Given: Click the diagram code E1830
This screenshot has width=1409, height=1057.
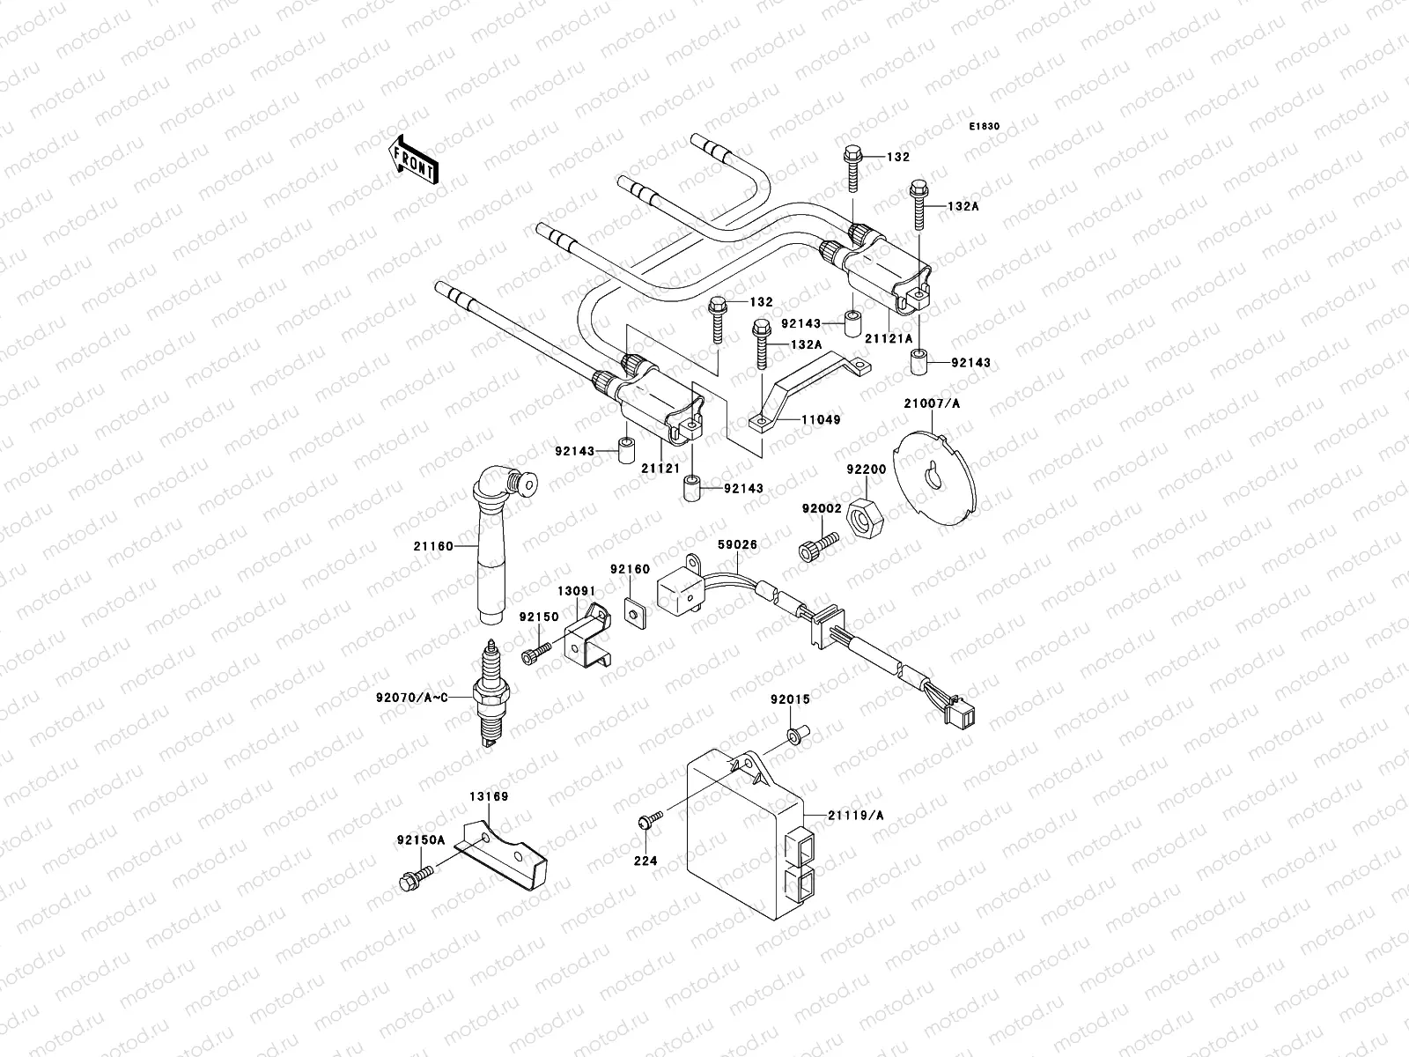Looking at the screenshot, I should (x=985, y=127).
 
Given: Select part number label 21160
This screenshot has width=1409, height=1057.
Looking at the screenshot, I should (x=433, y=546).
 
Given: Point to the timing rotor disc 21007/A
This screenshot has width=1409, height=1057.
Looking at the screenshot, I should (x=933, y=477).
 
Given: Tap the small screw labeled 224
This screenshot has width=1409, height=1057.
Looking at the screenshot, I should (x=645, y=822).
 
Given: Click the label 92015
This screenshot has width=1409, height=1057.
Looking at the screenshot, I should (x=790, y=699).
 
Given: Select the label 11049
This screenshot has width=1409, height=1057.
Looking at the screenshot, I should (x=821, y=420).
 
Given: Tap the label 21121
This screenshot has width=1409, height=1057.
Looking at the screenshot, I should (x=660, y=469).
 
